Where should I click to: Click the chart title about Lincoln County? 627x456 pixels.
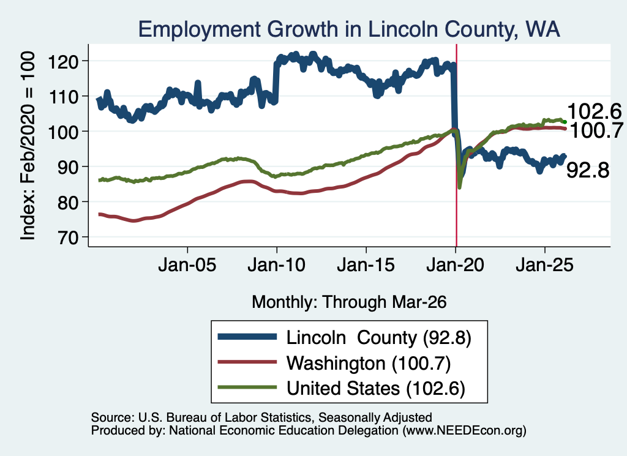coord(348,29)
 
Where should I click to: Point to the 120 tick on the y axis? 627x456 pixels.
coord(63,61)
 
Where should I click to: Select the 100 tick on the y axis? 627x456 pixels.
coord(63,132)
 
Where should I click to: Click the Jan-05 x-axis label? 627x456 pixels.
coord(187,265)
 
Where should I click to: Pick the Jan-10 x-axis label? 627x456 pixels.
coord(276,265)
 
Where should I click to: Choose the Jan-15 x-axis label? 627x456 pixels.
coord(366,265)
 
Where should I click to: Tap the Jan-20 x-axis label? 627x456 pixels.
coord(455,265)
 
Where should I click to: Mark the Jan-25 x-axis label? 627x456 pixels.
coord(544,265)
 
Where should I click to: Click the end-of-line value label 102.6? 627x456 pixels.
coord(594,111)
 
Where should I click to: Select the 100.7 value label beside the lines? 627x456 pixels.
coord(596,131)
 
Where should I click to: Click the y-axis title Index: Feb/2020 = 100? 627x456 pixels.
coord(28,146)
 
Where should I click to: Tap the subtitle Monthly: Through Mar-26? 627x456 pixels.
coord(349,302)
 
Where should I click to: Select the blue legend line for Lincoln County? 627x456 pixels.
coord(247,337)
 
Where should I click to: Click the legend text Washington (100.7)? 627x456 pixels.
coord(369,363)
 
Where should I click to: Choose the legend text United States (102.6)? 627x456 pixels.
coord(376,388)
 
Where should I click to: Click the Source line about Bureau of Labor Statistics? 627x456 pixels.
coord(261,417)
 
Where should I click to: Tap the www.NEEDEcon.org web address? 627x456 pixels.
coord(464,430)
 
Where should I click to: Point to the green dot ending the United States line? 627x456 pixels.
coord(565,122)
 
